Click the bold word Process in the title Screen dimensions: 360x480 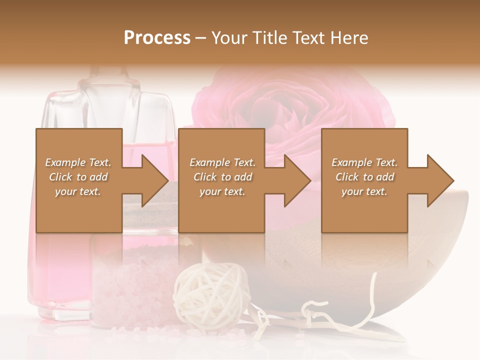pyautogui.click(x=157, y=38)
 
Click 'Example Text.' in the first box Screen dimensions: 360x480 pyautogui.click(x=78, y=162)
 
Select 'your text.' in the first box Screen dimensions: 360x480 pyautogui.click(x=78, y=191)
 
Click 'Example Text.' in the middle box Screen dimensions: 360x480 pyautogui.click(x=222, y=162)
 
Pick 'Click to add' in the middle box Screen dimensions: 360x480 pyautogui.click(x=222, y=177)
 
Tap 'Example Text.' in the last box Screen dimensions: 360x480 pyautogui.click(x=364, y=162)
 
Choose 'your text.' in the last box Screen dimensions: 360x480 pyautogui.click(x=364, y=191)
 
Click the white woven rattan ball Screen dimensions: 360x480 pyautogui.click(x=210, y=295)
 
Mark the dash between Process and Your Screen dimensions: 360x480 pyautogui.click(x=201, y=38)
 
